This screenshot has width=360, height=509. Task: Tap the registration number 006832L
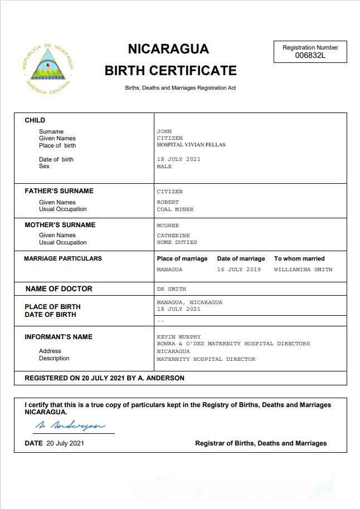click(x=310, y=56)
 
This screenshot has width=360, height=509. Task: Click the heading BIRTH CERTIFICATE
click(x=171, y=71)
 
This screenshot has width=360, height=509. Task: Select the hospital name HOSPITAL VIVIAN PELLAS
click(x=191, y=145)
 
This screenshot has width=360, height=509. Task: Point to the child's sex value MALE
click(x=164, y=167)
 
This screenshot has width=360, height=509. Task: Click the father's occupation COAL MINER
click(x=175, y=209)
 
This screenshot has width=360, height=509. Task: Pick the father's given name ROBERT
click(x=168, y=202)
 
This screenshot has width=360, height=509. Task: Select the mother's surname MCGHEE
click(x=168, y=225)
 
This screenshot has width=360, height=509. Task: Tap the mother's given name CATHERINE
click(x=173, y=236)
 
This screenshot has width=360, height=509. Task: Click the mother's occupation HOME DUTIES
click(x=177, y=242)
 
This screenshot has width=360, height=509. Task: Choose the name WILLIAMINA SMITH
click(x=303, y=270)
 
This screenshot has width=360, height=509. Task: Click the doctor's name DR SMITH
click(x=171, y=289)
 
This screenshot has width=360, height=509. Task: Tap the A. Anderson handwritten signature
click(x=70, y=426)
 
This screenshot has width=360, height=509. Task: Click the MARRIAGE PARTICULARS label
click(x=63, y=258)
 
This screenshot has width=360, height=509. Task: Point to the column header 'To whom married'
click(x=299, y=258)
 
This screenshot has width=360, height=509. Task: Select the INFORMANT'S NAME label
click(x=59, y=337)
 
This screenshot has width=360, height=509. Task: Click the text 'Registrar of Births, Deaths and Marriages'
click(x=261, y=443)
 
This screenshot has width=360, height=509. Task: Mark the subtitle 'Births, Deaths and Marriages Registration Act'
click(x=180, y=88)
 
